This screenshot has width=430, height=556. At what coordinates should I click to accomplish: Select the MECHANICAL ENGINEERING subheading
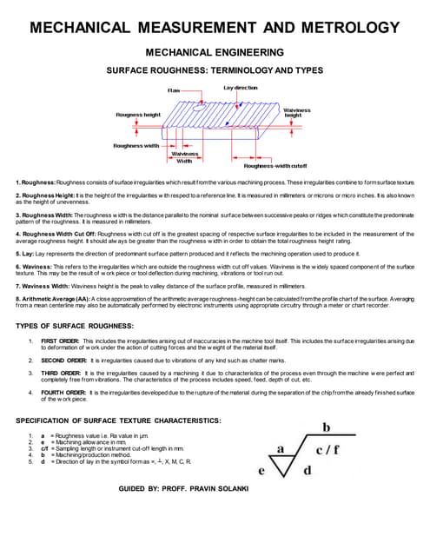215,53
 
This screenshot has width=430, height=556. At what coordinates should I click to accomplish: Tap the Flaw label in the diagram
174,90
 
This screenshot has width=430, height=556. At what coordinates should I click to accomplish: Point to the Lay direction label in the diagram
240,89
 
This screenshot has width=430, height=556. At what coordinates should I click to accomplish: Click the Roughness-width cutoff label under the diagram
275,165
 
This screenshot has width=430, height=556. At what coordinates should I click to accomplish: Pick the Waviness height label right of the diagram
298,112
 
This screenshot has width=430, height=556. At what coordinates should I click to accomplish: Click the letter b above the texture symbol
327,427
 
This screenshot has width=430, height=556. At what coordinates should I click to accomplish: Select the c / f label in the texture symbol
328,450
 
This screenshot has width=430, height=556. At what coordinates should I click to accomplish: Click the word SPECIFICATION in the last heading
53,421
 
